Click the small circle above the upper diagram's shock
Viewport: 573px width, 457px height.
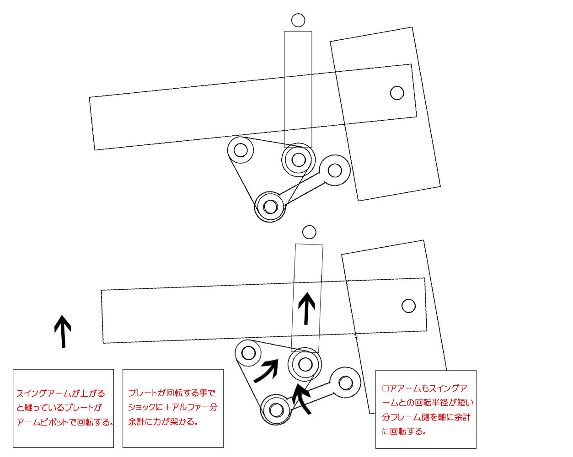tap(298, 21)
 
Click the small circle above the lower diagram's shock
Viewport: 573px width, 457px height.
tap(310, 232)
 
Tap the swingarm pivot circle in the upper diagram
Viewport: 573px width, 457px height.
tap(397, 93)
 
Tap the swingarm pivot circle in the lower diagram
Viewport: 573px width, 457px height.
tap(408, 306)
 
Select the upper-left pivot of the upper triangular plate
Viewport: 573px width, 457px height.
tap(241, 150)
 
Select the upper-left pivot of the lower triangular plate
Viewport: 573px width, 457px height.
tap(248, 353)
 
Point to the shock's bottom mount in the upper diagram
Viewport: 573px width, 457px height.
tap(298, 159)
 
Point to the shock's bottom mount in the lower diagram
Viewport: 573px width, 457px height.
tap(305, 364)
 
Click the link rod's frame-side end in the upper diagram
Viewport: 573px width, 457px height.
tap(335, 170)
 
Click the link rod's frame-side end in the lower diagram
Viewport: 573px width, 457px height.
tap(346, 383)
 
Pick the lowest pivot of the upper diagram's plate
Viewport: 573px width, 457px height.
tap(270, 207)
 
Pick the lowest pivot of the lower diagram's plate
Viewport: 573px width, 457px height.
tap(276, 409)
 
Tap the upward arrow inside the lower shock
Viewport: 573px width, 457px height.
tap(306, 308)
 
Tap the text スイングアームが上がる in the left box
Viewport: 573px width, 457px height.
tap(61, 393)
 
